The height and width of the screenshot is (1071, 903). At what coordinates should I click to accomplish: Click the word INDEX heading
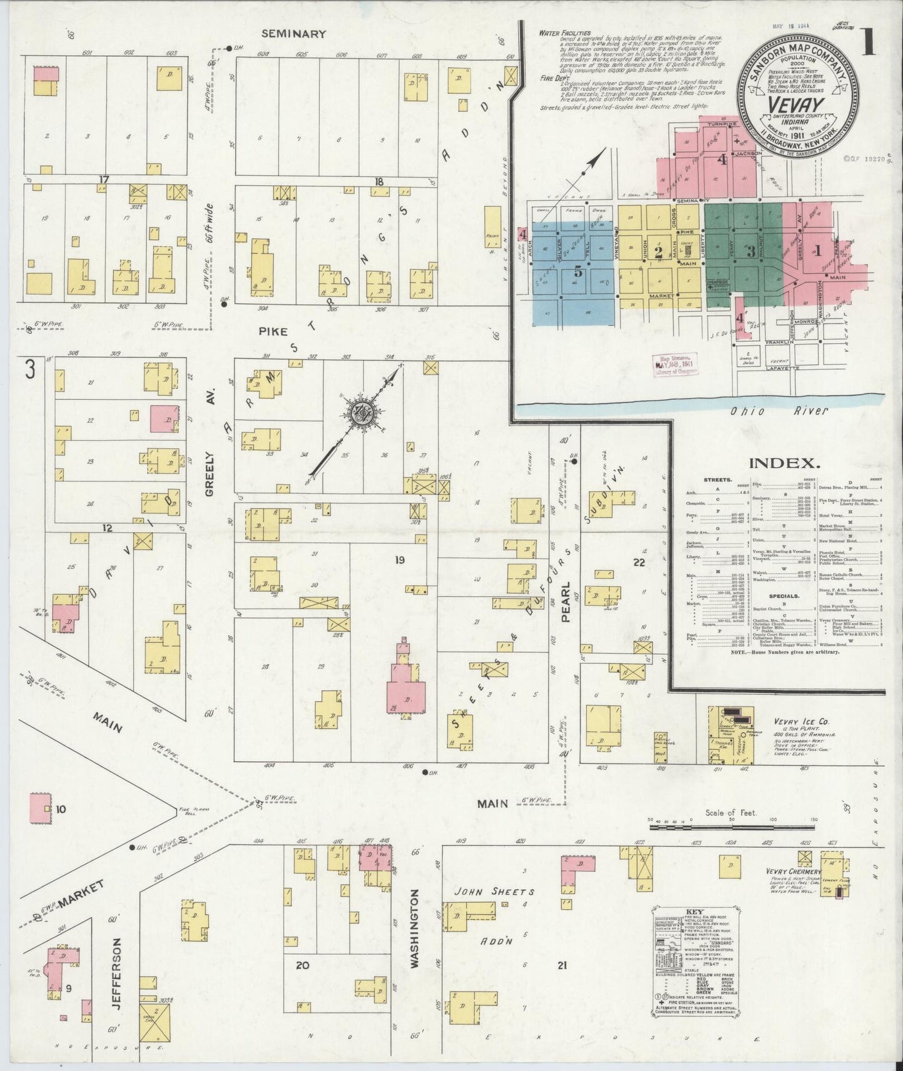point(784,463)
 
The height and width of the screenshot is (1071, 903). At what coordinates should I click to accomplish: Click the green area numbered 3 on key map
point(751,253)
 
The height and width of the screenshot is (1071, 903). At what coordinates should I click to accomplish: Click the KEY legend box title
point(695,912)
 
